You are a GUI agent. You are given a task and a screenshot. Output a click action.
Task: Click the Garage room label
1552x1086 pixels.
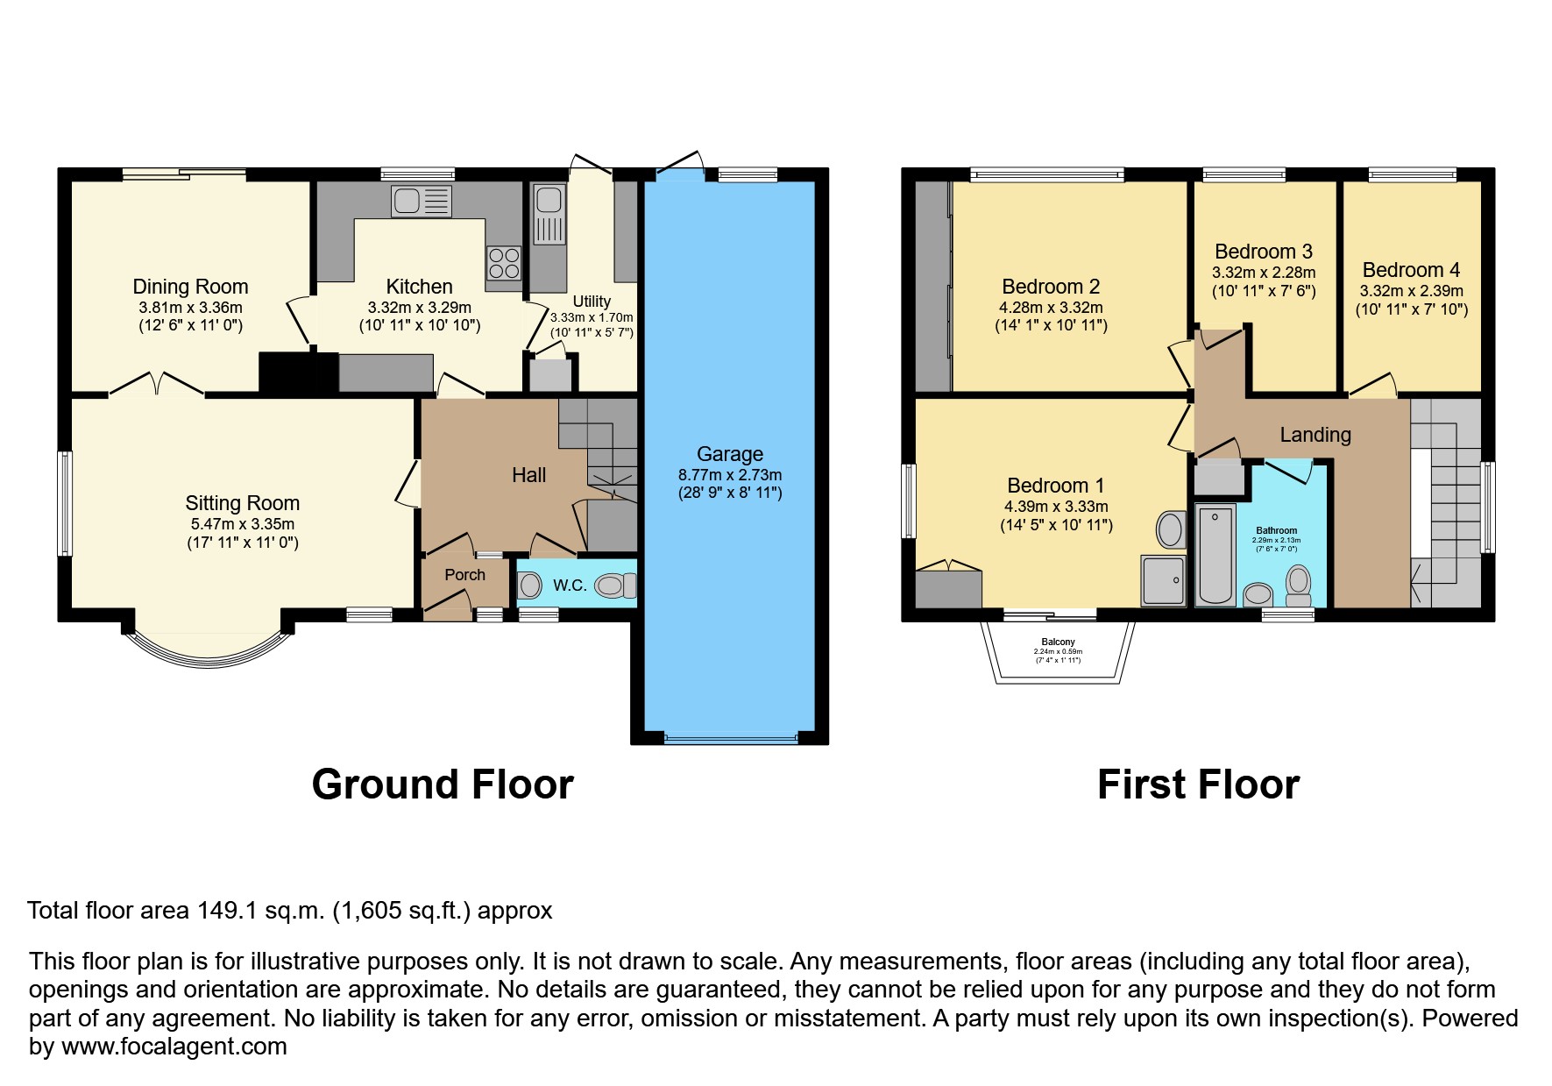tap(729, 454)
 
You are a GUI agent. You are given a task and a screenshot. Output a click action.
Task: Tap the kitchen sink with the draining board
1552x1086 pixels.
tap(422, 201)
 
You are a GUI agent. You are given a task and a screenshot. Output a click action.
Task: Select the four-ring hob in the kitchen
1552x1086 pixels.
tap(504, 263)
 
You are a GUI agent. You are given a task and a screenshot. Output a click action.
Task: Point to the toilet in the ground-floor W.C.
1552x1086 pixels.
tap(615, 586)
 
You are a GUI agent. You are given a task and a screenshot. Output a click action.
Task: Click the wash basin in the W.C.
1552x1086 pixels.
tap(529, 586)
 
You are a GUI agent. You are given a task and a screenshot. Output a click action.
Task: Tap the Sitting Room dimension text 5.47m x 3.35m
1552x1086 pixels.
tap(243, 524)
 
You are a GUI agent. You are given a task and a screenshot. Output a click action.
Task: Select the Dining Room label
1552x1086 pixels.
tap(190, 287)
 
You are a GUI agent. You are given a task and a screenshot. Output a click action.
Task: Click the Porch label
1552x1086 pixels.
tap(464, 575)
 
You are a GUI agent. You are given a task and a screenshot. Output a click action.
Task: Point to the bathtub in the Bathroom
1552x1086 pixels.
tap(1215, 554)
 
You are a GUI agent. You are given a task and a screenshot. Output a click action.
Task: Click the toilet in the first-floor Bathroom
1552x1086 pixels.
tap(1298, 585)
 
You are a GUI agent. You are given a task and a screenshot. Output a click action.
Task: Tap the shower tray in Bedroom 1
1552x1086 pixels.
tap(1163, 580)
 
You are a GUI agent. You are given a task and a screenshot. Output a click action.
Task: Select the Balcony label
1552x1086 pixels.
tap(1058, 642)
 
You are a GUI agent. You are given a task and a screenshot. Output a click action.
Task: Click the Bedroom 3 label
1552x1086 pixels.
tap(1263, 252)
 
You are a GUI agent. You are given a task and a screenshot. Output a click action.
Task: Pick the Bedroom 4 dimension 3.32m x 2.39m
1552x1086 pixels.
tap(1411, 291)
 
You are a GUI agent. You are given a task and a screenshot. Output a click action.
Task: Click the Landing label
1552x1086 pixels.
tap(1315, 435)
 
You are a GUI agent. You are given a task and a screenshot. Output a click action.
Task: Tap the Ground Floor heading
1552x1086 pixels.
tap(443, 784)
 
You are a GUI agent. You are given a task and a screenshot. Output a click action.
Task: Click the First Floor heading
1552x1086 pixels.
tap(1197, 784)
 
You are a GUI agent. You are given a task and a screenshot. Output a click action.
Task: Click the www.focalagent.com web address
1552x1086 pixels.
tap(174, 1047)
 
